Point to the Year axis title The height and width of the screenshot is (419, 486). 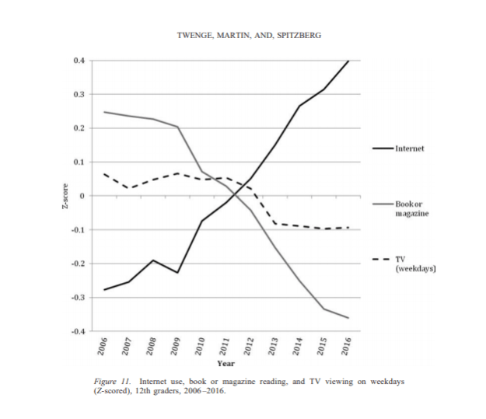[x=226, y=364]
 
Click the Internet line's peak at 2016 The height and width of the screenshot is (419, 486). [x=348, y=61]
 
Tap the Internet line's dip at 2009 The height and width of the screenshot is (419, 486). [x=177, y=273]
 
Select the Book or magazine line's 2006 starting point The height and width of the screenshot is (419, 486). [x=104, y=112]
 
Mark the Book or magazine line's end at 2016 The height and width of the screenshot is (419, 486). [x=348, y=318]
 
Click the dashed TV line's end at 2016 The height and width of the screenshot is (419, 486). [x=348, y=228]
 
